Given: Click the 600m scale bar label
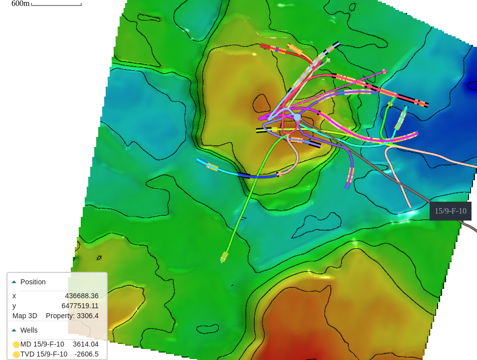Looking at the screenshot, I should (20, 3).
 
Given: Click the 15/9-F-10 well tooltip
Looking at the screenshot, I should (450, 211).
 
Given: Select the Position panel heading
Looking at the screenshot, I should (33, 282).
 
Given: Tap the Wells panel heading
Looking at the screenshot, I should (29, 330).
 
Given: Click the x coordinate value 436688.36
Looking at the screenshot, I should (81, 296).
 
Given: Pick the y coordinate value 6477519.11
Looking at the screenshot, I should (80, 306).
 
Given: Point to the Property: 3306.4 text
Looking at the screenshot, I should (72, 316).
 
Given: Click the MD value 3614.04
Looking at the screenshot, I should (85, 344).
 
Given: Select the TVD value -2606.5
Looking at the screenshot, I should (86, 354).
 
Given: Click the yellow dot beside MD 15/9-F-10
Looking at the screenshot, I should (16, 345).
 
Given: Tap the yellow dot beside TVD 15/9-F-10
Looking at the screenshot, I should (16, 355).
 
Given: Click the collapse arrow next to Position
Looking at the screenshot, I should (14, 282).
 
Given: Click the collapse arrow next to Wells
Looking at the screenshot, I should (14, 331).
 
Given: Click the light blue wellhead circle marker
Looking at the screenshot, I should (297, 117).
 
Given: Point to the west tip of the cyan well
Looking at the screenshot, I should (199, 160).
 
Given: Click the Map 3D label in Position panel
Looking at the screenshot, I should (25, 316).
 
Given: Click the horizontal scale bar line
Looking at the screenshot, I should (56, 5).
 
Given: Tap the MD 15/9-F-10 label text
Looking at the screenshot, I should (42, 344).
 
